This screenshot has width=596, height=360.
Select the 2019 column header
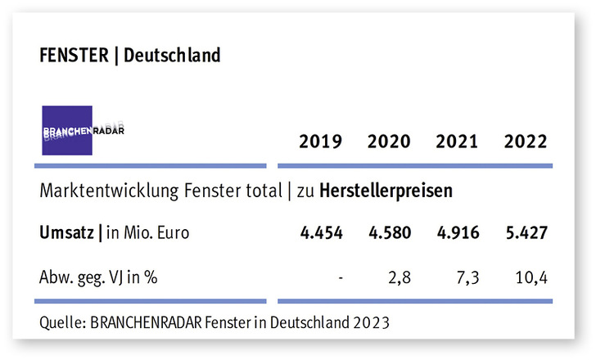tap(320, 142)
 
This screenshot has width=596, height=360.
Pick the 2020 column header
tap(389, 142)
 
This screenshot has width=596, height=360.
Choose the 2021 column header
tap(457, 142)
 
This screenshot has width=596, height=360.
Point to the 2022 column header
tap(525, 142)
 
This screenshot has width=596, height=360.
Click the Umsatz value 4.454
tap(320, 232)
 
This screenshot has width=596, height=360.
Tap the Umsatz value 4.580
tap(389, 232)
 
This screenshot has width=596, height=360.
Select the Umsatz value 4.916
tap(457, 232)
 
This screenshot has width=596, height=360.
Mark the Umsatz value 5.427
tap(525, 232)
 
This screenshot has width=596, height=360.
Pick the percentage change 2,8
tap(400, 277)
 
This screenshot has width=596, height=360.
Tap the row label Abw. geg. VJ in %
tap(98, 277)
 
